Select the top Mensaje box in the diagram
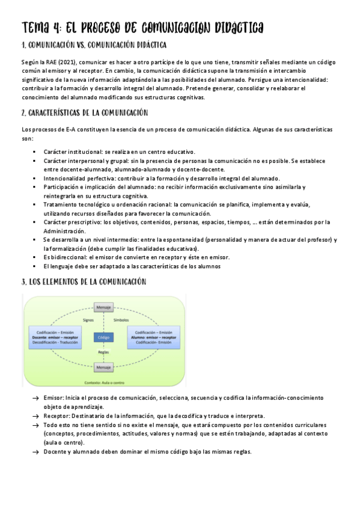103,308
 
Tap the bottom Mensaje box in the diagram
103,367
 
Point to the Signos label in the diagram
89,321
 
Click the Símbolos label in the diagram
121,321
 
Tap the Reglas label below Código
103,351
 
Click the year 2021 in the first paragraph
60,63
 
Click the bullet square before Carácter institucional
35,152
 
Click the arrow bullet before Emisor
35,398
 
